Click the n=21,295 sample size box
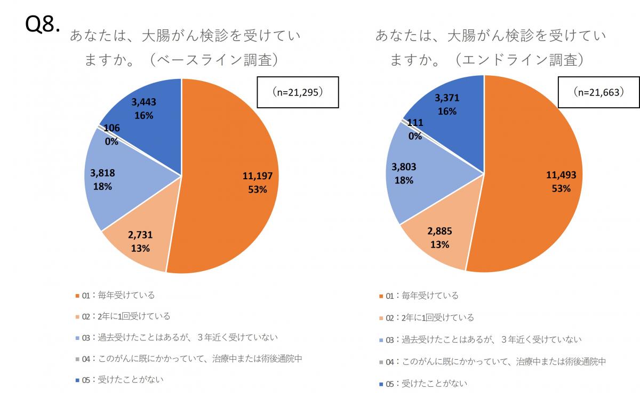[x=298, y=92]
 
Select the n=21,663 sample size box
[x=598, y=92]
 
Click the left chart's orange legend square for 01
[x=78, y=296]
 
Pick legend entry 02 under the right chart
[x=426, y=317]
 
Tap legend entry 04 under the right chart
[x=492, y=362]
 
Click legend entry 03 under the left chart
[x=180, y=338]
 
